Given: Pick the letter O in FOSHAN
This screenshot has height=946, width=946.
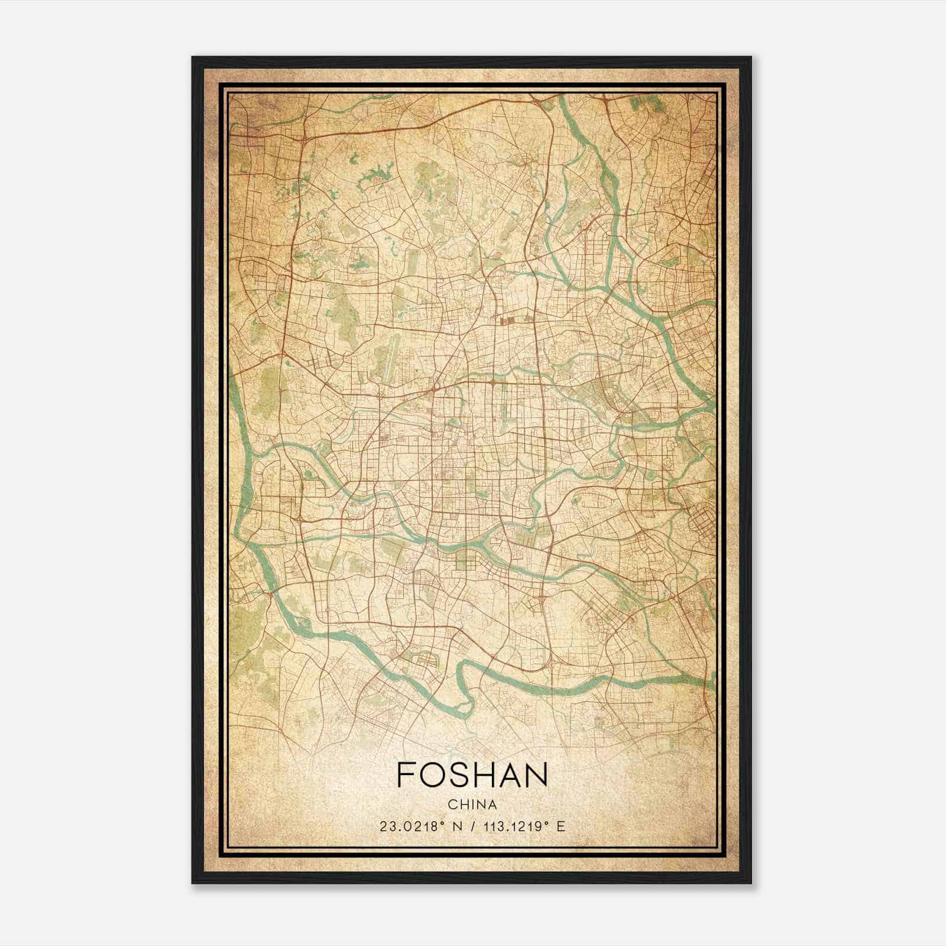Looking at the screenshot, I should pyautogui.click(x=435, y=774).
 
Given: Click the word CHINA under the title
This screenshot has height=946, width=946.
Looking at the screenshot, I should pyautogui.click(x=472, y=805).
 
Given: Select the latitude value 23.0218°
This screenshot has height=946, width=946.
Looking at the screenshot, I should pyautogui.click(x=412, y=827).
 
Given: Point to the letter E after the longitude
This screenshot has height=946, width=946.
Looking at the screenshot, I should pyautogui.click(x=561, y=827).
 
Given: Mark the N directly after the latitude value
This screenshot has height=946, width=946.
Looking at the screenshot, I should pyautogui.click(x=455, y=827).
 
